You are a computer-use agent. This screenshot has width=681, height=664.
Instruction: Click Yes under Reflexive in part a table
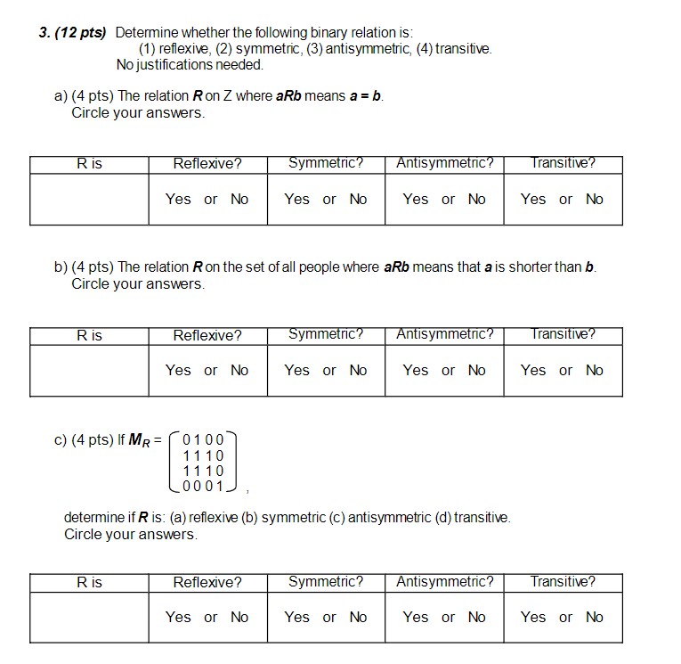pyautogui.click(x=178, y=199)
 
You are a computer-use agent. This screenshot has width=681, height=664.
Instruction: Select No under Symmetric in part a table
pyautogui.click(x=358, y=199)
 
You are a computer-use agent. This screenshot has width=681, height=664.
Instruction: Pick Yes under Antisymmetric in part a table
pyautogui.click(x=416, y=199)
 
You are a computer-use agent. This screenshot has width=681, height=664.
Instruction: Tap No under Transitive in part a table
pyautogui.click(x=595, y=199)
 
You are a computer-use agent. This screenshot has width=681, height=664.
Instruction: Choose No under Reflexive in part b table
pyautogui.click(x=239, y=370)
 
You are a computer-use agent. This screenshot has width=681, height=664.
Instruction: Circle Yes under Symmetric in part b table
pyautogui.click(x=297, y=370)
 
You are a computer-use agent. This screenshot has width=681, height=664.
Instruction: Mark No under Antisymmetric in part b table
pyautogui.click(x=477, y=370)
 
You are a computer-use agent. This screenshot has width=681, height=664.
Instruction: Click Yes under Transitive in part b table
pyautogui.click(x=533, y=370)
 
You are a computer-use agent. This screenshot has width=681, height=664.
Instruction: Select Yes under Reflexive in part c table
pyautogui.click(x=178, y=617)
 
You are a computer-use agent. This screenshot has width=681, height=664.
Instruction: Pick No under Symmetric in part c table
pyautogui.click(x=358, y=617)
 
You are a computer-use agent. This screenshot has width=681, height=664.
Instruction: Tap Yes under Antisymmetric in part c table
pyautogui.click(x=416, y=617)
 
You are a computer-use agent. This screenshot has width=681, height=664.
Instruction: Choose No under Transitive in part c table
pyautogui.click(x=595, y=617)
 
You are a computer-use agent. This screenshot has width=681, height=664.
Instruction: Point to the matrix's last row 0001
pyautogui.click(x=203, y=486)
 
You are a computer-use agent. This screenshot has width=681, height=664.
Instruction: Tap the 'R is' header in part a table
pyautogui.click(x=89, y=164)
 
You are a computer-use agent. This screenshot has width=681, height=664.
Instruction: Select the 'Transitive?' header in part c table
pyautogui.click(x=563, y=582)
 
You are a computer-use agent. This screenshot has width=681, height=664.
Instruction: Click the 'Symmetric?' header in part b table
pyautogui.click(x=326, y=335)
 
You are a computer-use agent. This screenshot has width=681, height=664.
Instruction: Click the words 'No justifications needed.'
pyautogui.click(x=190, y=65)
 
